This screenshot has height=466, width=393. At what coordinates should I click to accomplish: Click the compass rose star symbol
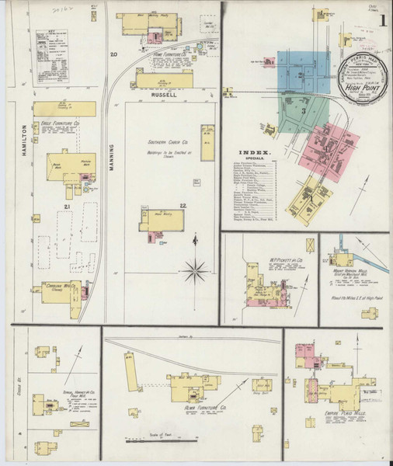pos(196,271)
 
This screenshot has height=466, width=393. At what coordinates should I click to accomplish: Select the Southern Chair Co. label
pos(169,143)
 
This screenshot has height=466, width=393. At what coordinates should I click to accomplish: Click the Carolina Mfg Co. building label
pos(57,283)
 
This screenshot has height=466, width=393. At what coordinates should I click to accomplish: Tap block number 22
pos(183,205)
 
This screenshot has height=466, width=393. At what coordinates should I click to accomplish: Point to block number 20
pos(113,54)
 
